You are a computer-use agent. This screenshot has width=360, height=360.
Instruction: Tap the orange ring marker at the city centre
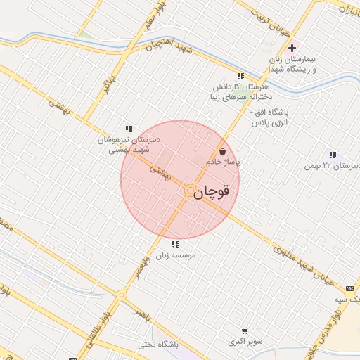coord(190,190)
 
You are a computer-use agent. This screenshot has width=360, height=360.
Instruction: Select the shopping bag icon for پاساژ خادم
coord(223,151)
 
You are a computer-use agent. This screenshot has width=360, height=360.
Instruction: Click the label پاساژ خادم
coord(223,162)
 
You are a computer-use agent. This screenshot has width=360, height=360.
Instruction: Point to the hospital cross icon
coord(291,48)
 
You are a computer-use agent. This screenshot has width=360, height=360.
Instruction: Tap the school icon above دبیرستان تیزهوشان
coord(129,129)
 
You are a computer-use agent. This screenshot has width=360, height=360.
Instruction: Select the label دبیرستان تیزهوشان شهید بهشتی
coord(129,144)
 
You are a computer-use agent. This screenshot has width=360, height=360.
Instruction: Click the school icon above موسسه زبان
coord(174,244)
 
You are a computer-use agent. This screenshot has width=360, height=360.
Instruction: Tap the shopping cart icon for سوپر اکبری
coord(244,331)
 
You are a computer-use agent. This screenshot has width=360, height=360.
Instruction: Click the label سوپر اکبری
coord(244,342)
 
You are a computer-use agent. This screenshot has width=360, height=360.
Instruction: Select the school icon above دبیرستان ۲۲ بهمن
coord(333,155)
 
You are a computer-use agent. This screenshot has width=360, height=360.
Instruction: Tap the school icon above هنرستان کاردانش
coord(240,76)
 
